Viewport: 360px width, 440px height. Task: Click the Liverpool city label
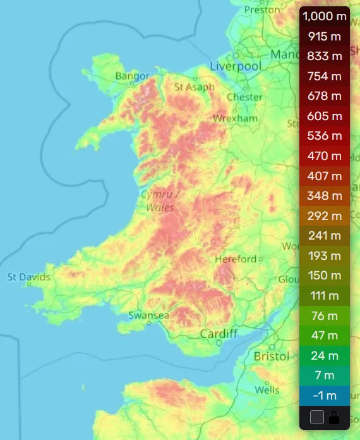pyautogui.click(x=235, y=66)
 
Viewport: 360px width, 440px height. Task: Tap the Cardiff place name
pyautogui.click(x=219, y=333)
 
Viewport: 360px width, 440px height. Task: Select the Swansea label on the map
pyautogui.click(x=148, y=315)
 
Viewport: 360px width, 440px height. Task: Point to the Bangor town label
pyautogui.click(x=133, y=76)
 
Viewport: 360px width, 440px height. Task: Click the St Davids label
pyautogui.click(x=28, y=277)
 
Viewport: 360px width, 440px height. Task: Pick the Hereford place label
pyautogui.click(x=236, y=259)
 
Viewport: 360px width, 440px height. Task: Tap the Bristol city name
pyautogui.click(x=271, y=357)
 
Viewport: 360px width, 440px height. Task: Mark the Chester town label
pyautogui.click(x=244, y=97)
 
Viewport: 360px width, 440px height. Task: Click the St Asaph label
pyautogui.click(x=195, y=87)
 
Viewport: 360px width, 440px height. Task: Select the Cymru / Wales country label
pyautogui.click(x=160, y=200)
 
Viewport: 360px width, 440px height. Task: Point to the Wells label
pyautogui.click(x=267, y=390)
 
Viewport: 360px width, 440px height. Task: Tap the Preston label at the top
pyautogui.click(x=261, y=9)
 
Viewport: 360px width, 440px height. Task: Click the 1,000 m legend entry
pyautogui.click(x=324, y=16)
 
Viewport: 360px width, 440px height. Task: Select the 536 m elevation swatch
pyautogui.click(x=324, y=136)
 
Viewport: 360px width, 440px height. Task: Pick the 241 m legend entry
pyautogui.click(x=324, y=236)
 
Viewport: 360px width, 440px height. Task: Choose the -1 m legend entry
pyautogui.click(x=324, y=396)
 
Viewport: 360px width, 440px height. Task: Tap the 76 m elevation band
pyautogui.click(x=324, y=315)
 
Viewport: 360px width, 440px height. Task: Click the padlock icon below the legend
pyautogui.click(x=334, y=417)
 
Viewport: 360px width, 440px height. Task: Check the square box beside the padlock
pyautogui.click(x=317, y=417)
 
